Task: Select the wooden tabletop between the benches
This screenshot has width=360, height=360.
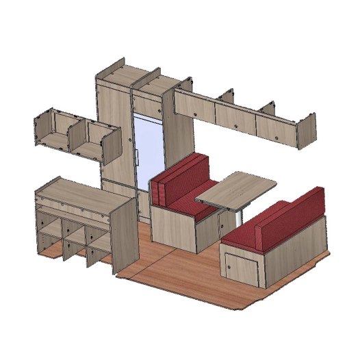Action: [x=235, y=188]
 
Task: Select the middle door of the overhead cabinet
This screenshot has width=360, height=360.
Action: [x=235, y=116]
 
